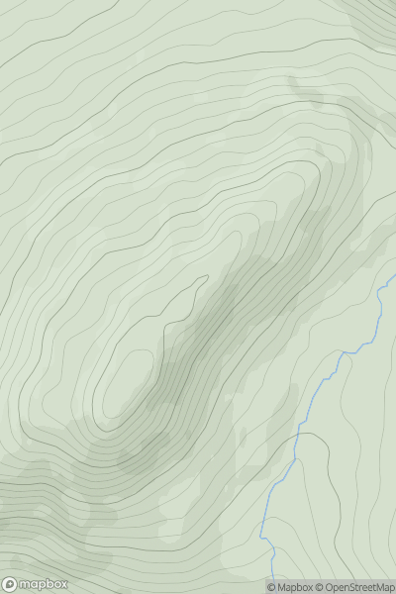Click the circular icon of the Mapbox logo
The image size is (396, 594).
10,584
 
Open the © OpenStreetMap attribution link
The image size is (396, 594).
354,587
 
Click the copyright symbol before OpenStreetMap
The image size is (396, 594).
318,587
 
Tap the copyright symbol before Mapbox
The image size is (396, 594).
271,587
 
